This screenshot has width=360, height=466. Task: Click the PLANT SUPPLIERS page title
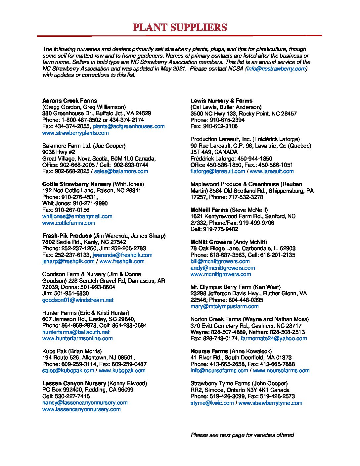click(x=180, y=27)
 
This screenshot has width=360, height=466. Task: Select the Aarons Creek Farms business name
click(x=69, y=101)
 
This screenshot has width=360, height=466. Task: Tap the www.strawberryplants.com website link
click(x=75, y=133)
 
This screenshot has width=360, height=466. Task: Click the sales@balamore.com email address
click(x=121, y=171)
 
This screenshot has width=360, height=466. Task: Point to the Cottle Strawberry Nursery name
click(x=77, y=184)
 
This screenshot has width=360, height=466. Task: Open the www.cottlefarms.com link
click(x=68, y=223)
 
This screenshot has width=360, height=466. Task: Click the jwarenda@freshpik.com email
click(x=122, y=255)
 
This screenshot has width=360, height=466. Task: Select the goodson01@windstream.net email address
click(x=78, y=300)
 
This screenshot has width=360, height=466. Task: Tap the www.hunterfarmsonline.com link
click(x=77, y=338)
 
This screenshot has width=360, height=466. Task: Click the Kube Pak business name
click(x=55, y=351)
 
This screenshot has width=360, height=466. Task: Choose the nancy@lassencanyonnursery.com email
click(x=85, y=402)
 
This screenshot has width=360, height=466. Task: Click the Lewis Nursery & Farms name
click(x=221, y=101)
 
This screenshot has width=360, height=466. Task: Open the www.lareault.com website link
click(x=271, y=171)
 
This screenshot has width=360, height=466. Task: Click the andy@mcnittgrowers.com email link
click(x=222, y=268)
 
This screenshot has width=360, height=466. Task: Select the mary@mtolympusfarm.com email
click(x=224, y=306)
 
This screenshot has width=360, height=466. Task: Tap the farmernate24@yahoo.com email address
click(x=274, y=338)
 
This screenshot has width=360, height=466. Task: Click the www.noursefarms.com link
click(x=281, y=370)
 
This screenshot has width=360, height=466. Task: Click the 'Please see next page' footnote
click(x=242, y=435)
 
